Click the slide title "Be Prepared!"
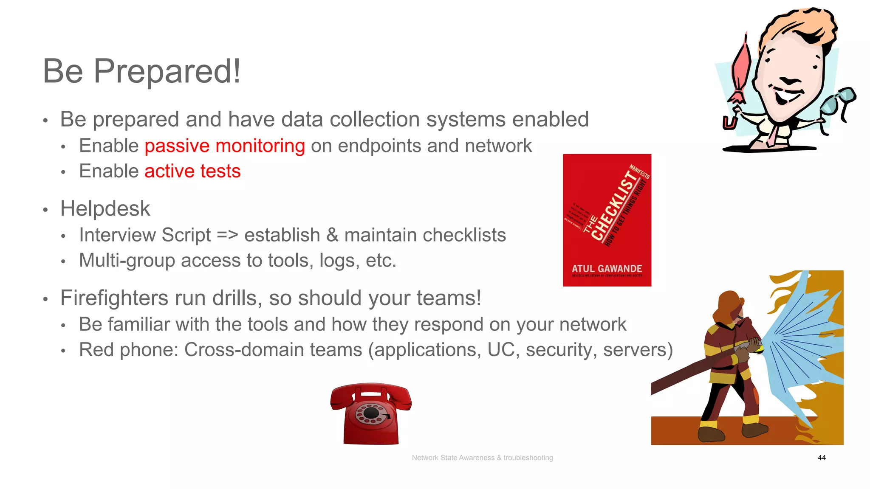pos(142,71)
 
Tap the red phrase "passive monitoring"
pos(225,146)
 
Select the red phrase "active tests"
pos(192,171)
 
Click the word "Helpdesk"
pos(105,209)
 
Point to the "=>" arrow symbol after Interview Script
pos(227,235)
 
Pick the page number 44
pos(822,458)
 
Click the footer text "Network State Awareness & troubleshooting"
pos(482,458)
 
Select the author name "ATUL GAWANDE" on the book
pos(607,269)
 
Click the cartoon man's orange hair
pos(799,25)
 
